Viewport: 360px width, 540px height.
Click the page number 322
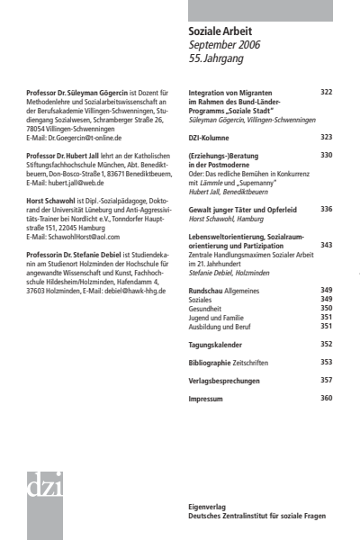(x=326, y=93)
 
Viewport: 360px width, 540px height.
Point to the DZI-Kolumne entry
(x=209, y=137)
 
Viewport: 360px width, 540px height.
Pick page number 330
(x=326, y=156)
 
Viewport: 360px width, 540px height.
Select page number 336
(x=326, y=209)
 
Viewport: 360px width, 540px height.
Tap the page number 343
(x=326, y=245)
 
